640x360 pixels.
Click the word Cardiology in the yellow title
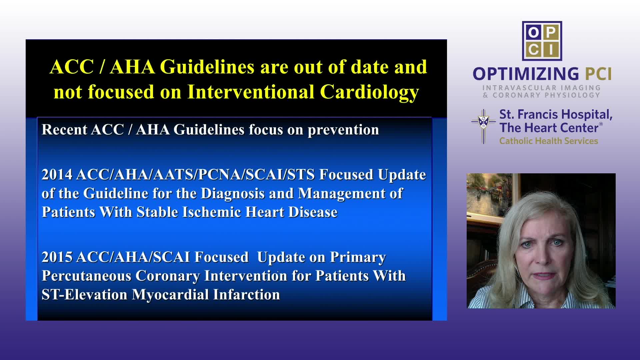click(369, 92)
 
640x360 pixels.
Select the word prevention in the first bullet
click(343, 130)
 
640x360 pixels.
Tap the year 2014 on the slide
click(57, 174)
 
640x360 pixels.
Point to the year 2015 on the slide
click(57, 257)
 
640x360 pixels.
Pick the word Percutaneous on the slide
click(86, 276)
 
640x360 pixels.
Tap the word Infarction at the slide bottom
click(246, 294)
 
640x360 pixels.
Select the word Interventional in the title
click(251, 92)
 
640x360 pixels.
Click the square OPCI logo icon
click(542, 41)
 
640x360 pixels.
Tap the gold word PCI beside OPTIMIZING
click(599, 74)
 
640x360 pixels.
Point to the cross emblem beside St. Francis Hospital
click(484, 126)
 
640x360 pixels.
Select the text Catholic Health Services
click(549, 141)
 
